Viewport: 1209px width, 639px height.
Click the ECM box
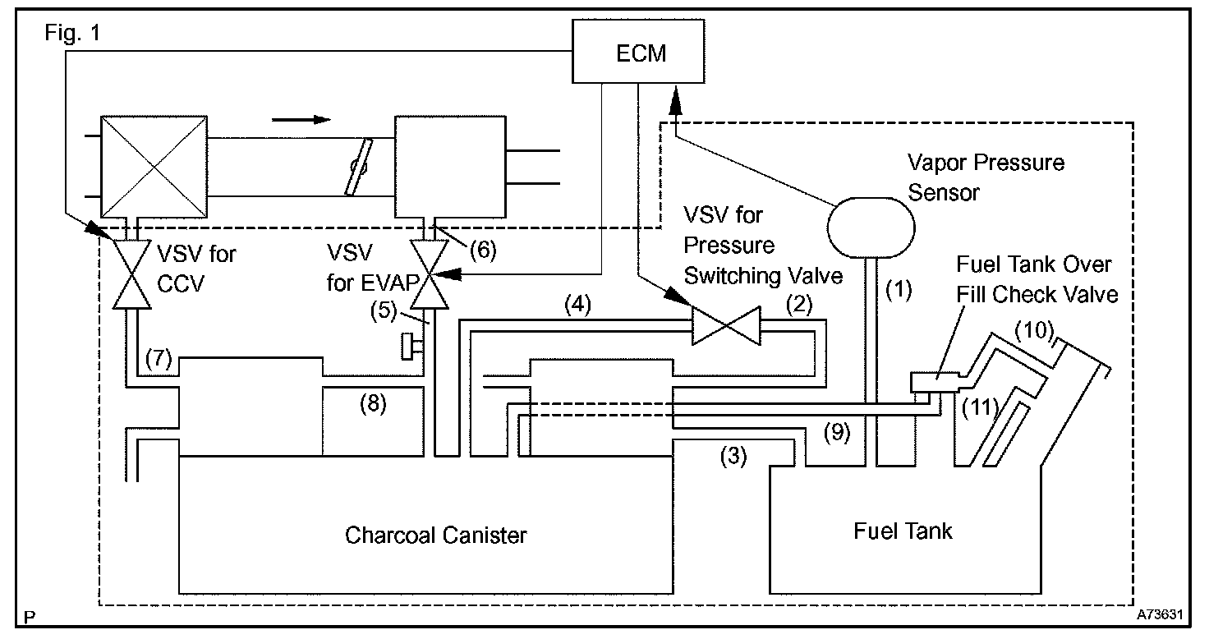(x=638, y=51)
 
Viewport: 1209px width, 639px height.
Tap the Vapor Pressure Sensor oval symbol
(x=871, y=228)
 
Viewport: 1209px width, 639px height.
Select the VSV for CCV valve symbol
(x=131, y=274)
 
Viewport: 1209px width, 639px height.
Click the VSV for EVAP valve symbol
(x=429, y=274)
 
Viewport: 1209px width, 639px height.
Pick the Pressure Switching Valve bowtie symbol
(x=727, y=326)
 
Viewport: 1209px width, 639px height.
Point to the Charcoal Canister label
(x=435, y=536)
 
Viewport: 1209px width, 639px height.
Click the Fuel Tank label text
(x=903, y=531)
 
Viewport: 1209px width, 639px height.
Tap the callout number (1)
(x=899, y=290)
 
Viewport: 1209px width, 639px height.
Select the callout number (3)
(x=733, y=456)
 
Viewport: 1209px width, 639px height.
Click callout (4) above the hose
(x=578, y=305)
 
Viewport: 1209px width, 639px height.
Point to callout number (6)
(x=483, y=250)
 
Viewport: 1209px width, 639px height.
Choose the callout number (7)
(x=159, y=358)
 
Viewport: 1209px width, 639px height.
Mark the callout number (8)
(x=374, y=404)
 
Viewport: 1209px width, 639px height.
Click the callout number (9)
(x=837, y=432)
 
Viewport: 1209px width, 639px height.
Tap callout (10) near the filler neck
(x=1035, y=330)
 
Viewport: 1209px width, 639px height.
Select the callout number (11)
(x=980, y=407)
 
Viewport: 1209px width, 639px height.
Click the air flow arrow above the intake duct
(x=301, y=119)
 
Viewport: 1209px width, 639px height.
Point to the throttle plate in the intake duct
(x=359, y=167)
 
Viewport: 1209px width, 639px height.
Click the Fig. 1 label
(x=72, y=33)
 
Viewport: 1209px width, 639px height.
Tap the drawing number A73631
(x=1160, y=614)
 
